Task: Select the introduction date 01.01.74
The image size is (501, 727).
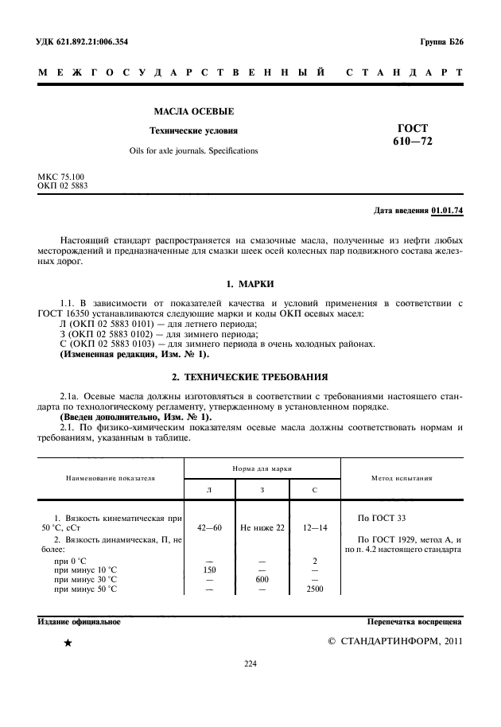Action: click(x=447, y=211)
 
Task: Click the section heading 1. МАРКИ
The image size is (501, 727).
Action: click(x=250, y=284)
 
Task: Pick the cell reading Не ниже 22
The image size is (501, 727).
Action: click(x=262, y=527)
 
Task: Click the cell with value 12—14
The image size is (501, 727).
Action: click(x=315, y=527)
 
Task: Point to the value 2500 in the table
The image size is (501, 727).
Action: click(x=315, y=589)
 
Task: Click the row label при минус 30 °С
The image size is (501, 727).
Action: click(x=85, y=580)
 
